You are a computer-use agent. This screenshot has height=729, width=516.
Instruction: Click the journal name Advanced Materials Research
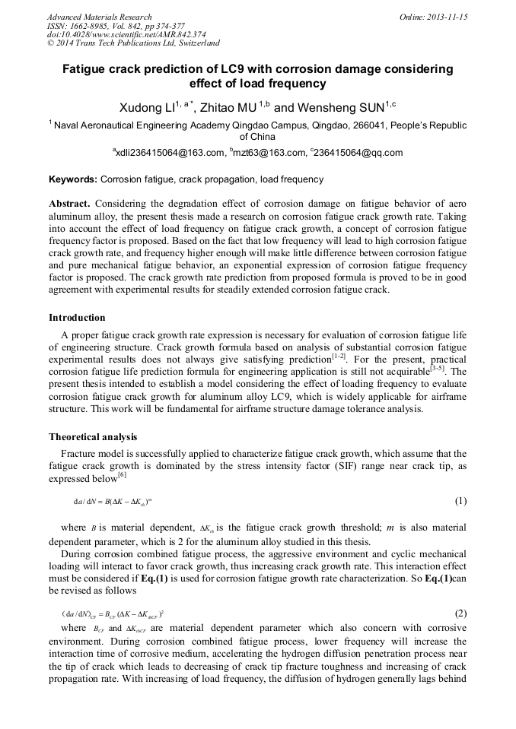99,17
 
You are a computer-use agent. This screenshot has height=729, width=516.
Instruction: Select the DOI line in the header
126,34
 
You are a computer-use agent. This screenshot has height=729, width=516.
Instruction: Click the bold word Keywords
73,180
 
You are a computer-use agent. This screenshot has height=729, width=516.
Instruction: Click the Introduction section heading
77,317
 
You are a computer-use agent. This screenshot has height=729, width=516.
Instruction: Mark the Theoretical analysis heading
93,437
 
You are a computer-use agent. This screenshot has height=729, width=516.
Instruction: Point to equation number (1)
460,501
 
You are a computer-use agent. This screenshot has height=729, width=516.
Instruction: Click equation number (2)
460,613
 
